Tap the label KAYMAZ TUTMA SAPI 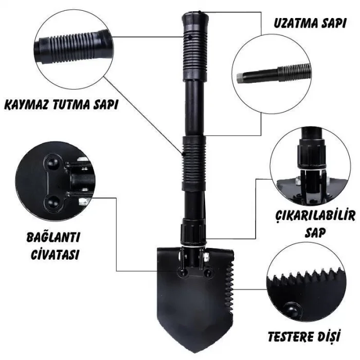[x=61, y=104]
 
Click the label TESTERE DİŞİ [x=304, y=337]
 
